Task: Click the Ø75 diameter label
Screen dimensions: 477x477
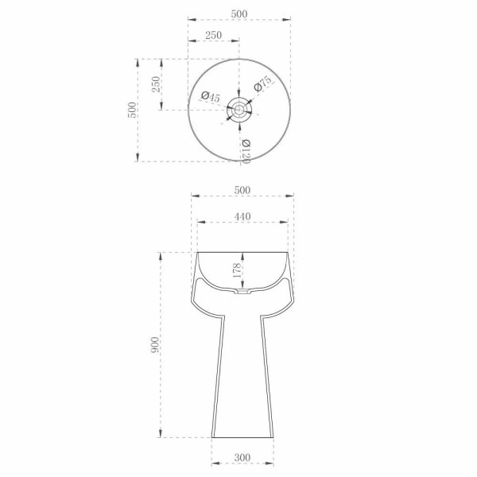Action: click(262, 84)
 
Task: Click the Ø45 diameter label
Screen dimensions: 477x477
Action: click(210, 97)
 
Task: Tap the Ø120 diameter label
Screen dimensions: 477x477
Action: click(246, 151)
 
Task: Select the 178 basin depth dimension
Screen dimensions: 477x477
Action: click(237, 270)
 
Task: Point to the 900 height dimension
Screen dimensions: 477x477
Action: click(154, 345)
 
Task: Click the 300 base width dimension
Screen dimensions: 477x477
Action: click(242, 457)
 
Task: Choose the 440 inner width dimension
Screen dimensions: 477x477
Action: click(242, 216)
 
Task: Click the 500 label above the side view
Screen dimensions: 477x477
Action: click(242, 190)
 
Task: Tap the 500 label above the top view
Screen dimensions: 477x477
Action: click(239, 14)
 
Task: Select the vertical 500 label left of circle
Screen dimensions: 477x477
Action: click(132, 110)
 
